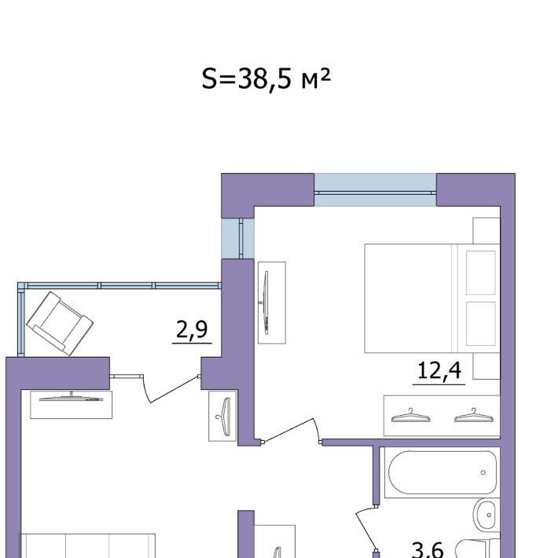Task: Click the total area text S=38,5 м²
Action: (266, 79)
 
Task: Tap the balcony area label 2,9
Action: (192, 329)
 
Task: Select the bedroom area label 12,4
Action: (439, 370)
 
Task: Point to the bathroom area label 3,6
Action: (427, 550)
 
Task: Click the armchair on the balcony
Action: (60, 323)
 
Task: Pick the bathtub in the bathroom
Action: (443, 472)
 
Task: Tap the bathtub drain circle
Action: (483, 472)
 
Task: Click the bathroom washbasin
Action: (486, 515)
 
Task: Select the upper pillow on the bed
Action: (480, 273)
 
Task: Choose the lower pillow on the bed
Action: (480, 324)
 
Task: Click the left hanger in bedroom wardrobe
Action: (410, 416)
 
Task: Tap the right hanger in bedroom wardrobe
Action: (474, 416)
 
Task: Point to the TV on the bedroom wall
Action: (265, 303)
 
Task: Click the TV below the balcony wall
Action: (72, 398)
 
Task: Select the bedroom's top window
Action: (375, 190)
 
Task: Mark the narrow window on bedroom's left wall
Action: (238, 238)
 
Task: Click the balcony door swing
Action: (170, 388)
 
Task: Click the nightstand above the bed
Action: (487, 230)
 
